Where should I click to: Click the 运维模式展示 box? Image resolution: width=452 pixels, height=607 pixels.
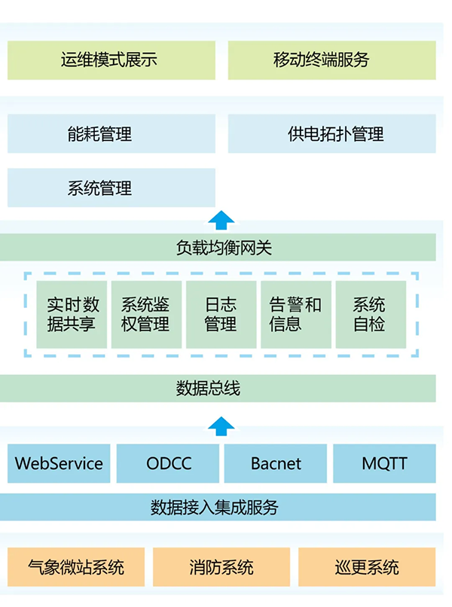(x=111, y=60)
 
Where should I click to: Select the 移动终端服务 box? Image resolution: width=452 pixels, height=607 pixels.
(x=331, y=60)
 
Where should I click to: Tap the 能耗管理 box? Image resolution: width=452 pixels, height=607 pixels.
(x=111, y=134)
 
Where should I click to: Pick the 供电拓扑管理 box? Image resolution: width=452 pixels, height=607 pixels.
(x=331, y=134)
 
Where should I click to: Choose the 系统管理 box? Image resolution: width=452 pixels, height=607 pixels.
(x=111, y=188)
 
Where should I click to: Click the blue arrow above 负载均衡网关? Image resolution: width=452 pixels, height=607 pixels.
(x=221, y=220)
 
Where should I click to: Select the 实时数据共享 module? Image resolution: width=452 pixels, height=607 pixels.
(x=72, y=315)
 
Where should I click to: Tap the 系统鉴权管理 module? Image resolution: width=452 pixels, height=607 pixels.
(x=146, y=315)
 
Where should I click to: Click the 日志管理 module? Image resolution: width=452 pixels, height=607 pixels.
(x=221, y=315)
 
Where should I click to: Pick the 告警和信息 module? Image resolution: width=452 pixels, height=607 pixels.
(x=295, y=315)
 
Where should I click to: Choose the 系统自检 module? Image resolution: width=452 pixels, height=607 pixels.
(x=370, y=315)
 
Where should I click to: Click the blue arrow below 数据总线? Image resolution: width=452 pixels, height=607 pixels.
(x=221, y=426)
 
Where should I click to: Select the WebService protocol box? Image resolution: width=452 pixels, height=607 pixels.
(x=59, y=463)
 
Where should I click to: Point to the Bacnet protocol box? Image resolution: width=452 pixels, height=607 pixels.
(x=276, y=463)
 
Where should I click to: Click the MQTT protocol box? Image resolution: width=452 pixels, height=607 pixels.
(x=384, y=463)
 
